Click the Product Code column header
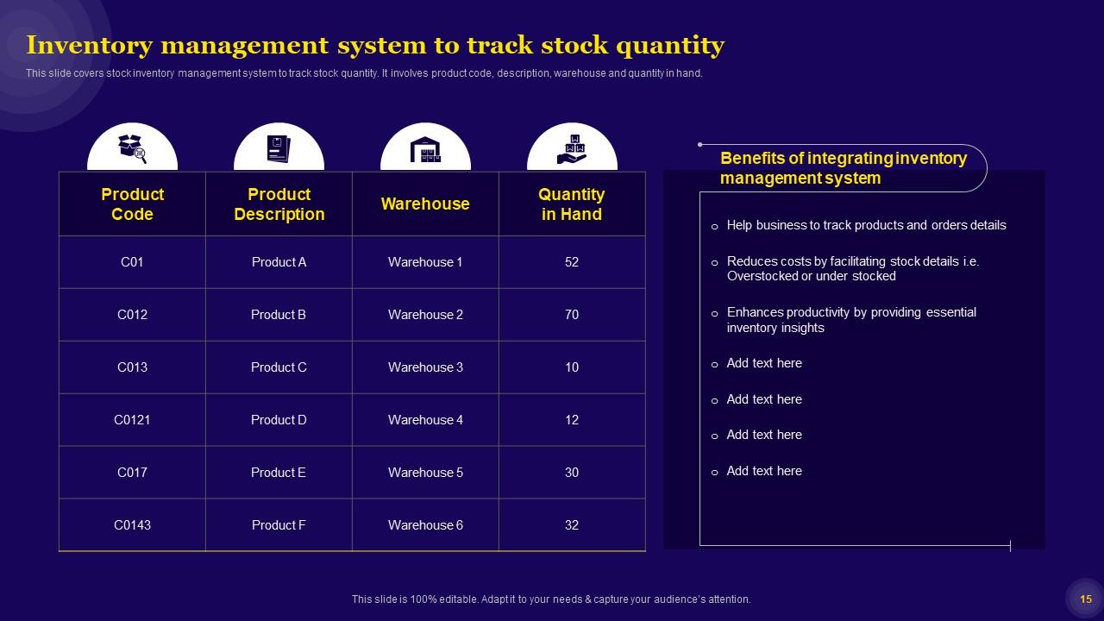(132, 204)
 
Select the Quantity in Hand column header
(572, 204)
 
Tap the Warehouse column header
(425, 204)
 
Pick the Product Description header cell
(279, 204)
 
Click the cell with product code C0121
(132, 420)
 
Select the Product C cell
(279, 367)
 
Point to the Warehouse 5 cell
(425, 473)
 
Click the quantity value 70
(572, 315)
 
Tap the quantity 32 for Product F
(572, 525)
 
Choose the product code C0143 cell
(132, 525)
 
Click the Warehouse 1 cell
(425, 262)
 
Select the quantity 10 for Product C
(572, 367)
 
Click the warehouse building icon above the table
(425, 150)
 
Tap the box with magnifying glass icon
(132, 149)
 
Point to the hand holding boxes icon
(572, 149)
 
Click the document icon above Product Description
(279, 149)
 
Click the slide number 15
(1086, 599)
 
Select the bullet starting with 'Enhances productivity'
(850, 320)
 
